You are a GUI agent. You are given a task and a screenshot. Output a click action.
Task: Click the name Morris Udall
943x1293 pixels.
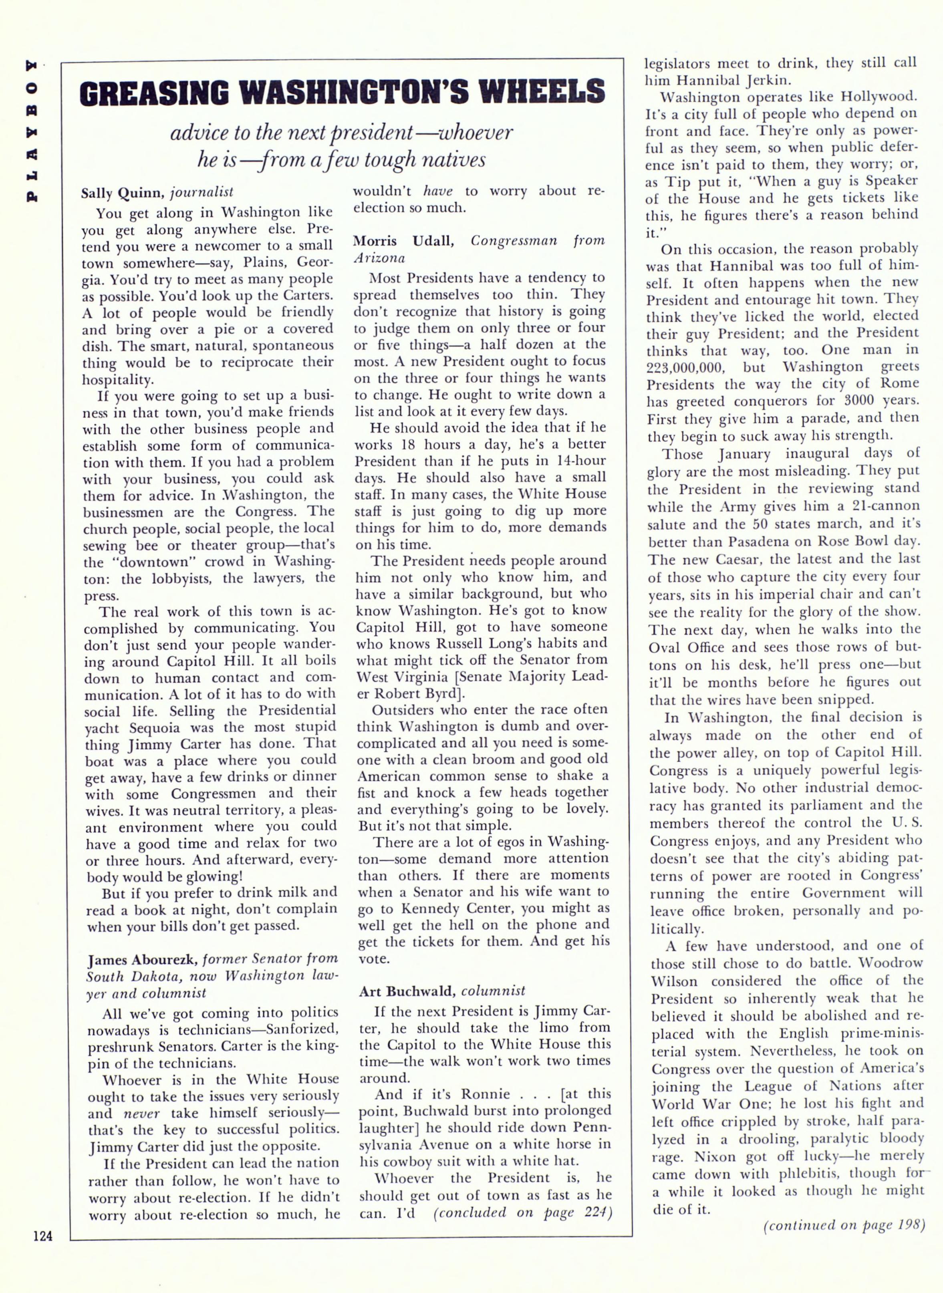pyautogui.click(x=403, y=241)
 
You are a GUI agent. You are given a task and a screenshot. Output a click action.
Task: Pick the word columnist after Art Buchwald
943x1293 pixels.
pyautogui.click(x=493, y=991)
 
